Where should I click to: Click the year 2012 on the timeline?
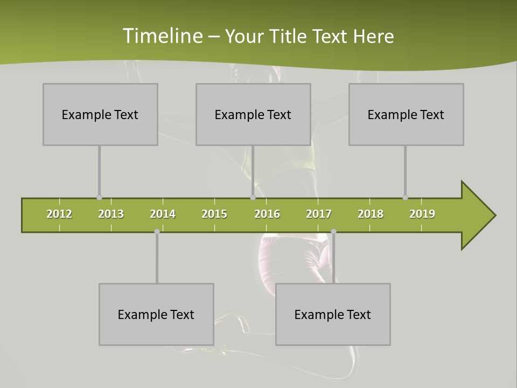tap(59, 214)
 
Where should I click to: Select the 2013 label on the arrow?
tap(111, 214)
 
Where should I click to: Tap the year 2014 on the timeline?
tap(163, 214)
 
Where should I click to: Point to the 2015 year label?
tap(214, 214)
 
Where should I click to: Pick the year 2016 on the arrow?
tap(267, 214)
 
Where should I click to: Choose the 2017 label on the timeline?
tap(319, 214)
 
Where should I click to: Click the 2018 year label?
tap(371, 214)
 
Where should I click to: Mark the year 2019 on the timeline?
tap(422, 214)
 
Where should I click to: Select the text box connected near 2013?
tap(100, 114)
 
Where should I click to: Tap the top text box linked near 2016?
tap(253, 114)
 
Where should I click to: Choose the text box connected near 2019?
tap(406, 114)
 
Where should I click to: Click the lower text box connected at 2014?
tap(156, 314)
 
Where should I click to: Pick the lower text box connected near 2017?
tap(333, 314)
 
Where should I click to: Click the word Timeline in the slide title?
tap(162, 36)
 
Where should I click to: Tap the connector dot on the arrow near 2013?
tap(99, 198)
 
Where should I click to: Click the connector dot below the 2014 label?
tap(157, 232)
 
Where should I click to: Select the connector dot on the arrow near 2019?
tap(405, 198)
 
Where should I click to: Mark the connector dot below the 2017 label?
tap(333, 232)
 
